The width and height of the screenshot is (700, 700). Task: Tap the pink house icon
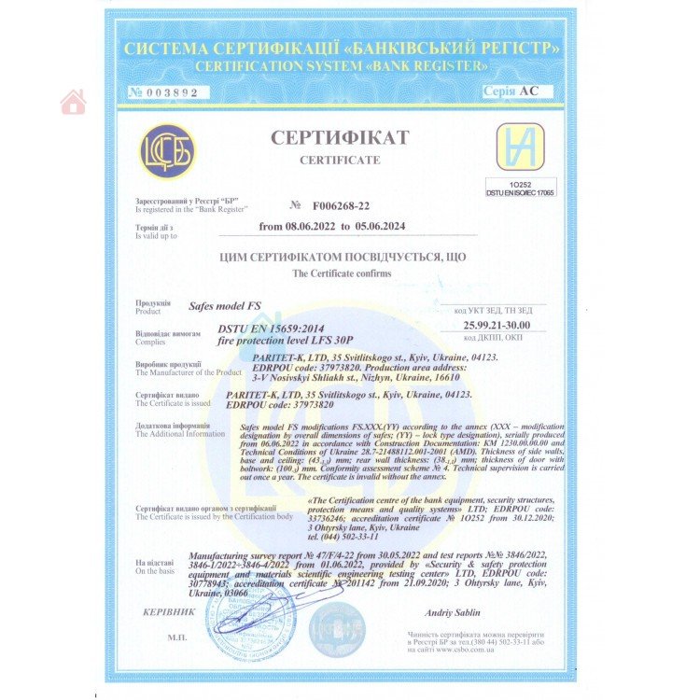coord(73,102)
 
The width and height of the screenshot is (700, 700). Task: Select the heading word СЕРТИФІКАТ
coord(340,138)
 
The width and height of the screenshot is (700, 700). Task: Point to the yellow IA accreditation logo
coord(519,147)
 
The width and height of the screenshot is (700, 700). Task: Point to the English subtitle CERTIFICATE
coord(340,160)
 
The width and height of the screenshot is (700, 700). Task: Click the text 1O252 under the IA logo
coord(520,184)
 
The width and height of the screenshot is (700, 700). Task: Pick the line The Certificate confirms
coord(343,273)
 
